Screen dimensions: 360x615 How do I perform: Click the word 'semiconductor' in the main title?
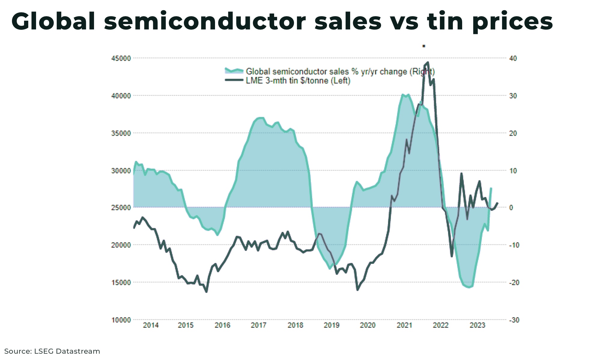(205, 21)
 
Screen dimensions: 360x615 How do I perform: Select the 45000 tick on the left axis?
(121, 58)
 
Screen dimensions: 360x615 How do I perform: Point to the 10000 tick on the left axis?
(121, 320)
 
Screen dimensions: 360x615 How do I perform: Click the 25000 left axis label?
(121, 208)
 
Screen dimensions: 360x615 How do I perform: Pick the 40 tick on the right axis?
(513, 58)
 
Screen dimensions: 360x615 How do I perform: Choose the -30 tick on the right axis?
(514, 320)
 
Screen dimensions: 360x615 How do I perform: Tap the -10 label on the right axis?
(514, 245)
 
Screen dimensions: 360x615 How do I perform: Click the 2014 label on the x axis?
(151, 325)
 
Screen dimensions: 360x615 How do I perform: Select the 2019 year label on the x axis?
(332, 325)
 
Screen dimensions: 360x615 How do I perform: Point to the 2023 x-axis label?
(477, 325)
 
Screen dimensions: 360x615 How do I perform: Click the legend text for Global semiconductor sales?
(340, 72)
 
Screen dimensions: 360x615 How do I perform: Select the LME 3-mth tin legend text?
(298, 81)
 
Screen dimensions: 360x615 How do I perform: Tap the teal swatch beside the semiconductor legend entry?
(234, 71)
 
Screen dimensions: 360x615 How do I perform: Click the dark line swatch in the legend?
(234, 80)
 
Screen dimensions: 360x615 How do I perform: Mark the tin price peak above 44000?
(428, 63)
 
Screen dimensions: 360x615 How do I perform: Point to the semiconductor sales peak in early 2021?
(403, 95)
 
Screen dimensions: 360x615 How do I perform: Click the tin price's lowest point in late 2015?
(206, 292)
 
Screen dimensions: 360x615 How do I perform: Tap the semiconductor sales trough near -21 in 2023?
(469, 287)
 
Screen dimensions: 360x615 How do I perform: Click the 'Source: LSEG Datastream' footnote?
(52, 351)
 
